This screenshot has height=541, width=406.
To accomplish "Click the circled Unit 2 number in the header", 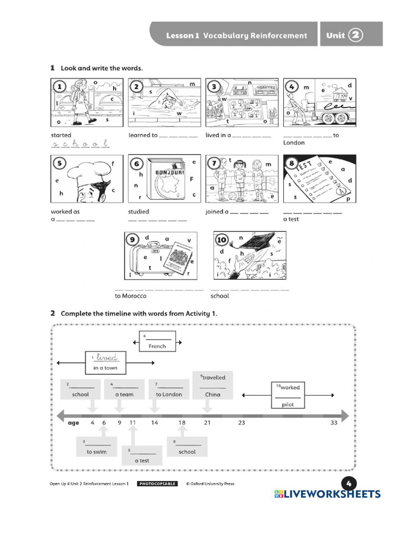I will click(356, 35).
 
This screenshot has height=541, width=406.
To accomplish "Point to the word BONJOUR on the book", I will click(169, 173).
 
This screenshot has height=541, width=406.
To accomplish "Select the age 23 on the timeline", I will click(242, 423).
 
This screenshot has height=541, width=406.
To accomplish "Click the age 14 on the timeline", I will click(154, 423).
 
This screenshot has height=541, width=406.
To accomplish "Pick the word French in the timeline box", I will click(157, 346).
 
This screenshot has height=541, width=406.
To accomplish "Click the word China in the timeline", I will click(213, 394).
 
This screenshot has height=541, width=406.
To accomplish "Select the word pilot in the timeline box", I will click(288, 405).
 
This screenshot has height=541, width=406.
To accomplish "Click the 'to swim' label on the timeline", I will click(96, 452).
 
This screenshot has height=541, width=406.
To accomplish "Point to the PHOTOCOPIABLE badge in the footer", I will click(157, 483).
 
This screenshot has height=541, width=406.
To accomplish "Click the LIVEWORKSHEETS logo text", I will click(331, 494).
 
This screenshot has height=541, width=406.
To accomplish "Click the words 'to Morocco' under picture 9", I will click(130, 296).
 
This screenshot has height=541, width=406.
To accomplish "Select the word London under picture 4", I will click(294, 143).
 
